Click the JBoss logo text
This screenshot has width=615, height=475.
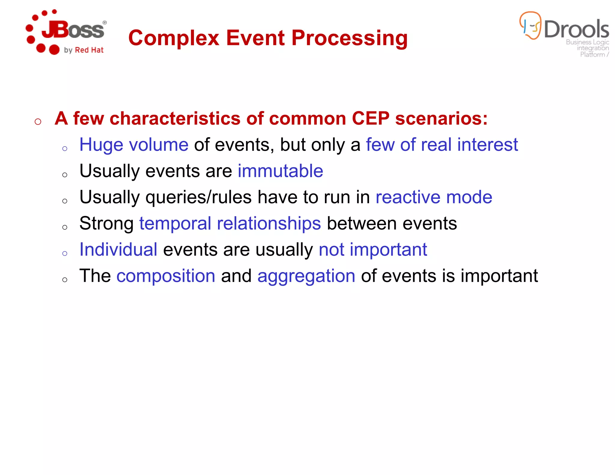[x=73, y=30]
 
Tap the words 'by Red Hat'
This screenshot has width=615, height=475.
[x=84, y=50]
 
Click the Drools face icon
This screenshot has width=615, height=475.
[x=531, y=26]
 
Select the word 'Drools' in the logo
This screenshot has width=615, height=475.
[x=576, y=29]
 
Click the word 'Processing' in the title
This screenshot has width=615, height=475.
[x=350, y=38]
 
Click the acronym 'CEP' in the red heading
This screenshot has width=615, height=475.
[x=370, y=118]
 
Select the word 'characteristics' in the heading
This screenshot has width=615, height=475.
[x=175, y=118]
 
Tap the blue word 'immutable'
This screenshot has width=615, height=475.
[x=280, y=171]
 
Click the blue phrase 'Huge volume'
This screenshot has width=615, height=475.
[x=134, y=145]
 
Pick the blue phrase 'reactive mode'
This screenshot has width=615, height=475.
[x=434, y=197]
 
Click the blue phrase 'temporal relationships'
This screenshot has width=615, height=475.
[x=230, y=223]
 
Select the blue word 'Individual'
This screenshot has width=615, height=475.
[x=118, y=250]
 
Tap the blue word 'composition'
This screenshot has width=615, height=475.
[x=166, y=276]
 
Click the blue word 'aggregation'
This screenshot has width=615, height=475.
[x=306, y=276]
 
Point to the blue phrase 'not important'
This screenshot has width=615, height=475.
[x=373, y=250]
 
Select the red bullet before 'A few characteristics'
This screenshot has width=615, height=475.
[x=38, y=122]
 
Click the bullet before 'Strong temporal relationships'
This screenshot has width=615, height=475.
[x=65, y=227]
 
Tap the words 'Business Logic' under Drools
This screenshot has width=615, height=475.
[x=587, y=42]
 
